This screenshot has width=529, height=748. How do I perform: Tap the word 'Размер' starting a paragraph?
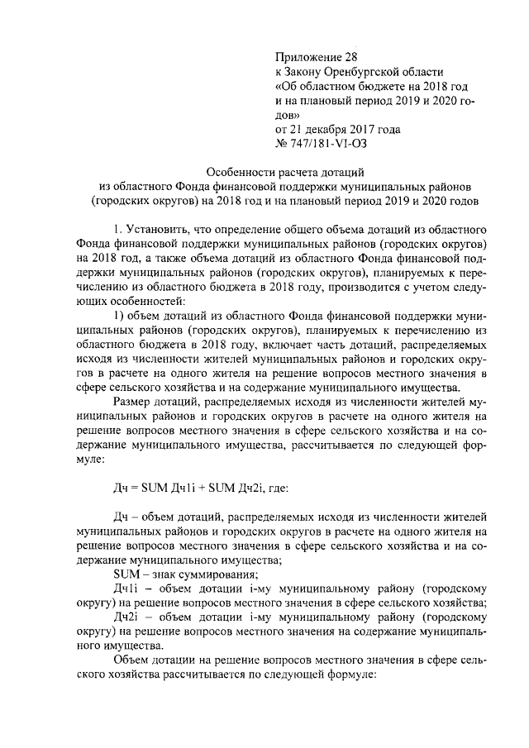(131, 400)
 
